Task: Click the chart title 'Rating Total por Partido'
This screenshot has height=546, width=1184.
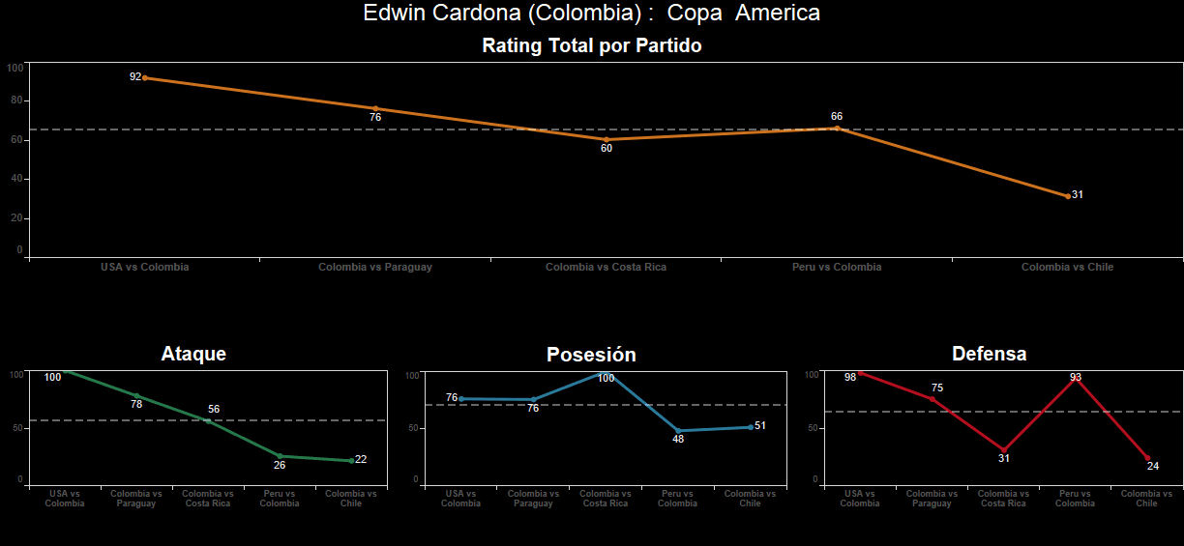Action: [x=591, y=45]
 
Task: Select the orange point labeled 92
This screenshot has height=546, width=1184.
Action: [x=145, y=77]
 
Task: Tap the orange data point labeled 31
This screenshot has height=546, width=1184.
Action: [x=1068, y=196]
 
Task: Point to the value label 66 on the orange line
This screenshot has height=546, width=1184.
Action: [x=837, y=116]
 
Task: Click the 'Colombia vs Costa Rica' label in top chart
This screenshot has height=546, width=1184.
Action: [x=606, y=267]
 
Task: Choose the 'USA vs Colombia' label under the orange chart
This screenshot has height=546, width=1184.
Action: [x=145, y=267]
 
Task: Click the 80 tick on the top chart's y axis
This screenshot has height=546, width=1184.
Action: [x=16, y=101]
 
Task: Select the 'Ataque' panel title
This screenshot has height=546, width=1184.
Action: [x=193, y=354]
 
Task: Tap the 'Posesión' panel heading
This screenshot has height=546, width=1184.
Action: [x=591, y=355]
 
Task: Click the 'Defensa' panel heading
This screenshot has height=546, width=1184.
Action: [x=989, y=354]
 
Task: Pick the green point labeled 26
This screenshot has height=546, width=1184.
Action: [x=281, y=456]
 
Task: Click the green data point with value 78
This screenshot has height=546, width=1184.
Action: [x=137, y=396]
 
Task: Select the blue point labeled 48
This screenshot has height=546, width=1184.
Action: [x=679, y=431]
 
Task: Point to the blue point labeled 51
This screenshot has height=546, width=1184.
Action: [x=751, y=427]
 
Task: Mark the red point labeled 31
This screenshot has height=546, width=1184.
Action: [x=1004, y=450]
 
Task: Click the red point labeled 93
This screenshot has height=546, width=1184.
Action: [x=1076, y=380]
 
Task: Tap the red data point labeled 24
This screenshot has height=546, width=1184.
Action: [x=1147, y=458]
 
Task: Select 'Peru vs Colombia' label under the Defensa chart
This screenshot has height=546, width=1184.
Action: [x=1076, y=498]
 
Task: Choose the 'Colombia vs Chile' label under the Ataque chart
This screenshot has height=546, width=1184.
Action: [x=351, y=498]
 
